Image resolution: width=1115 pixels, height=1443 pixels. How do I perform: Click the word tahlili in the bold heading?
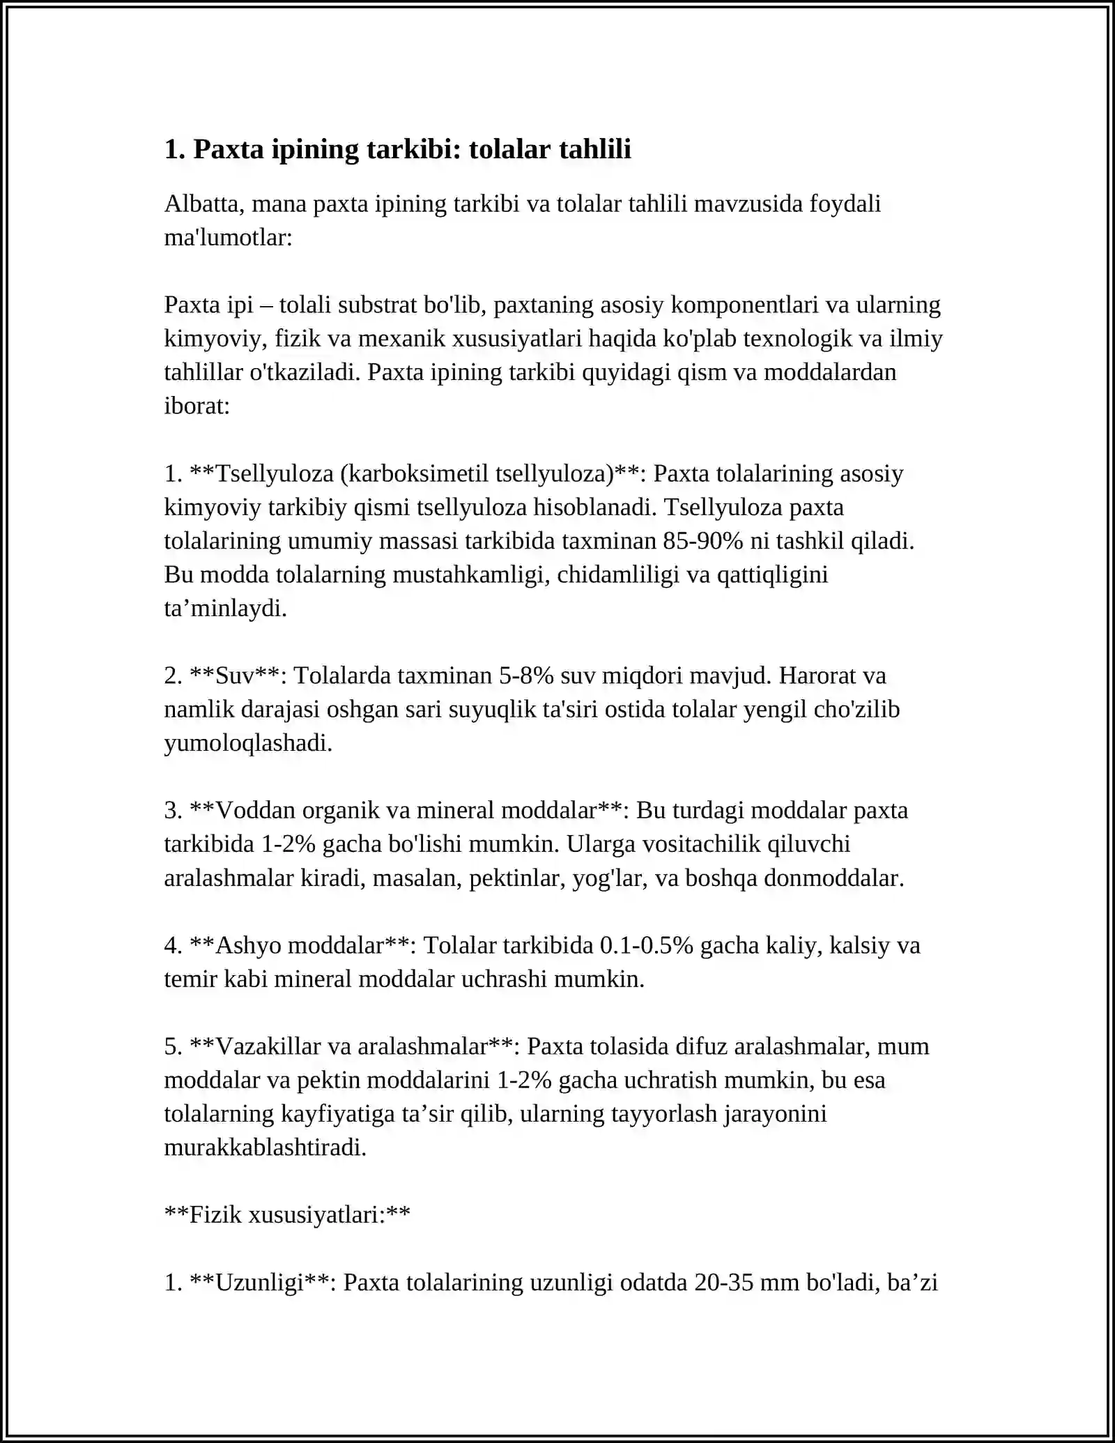[x=597, y=149]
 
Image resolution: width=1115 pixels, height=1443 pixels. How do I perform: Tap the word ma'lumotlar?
[x=228, y=238]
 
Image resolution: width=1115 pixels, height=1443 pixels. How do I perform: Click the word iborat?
[x=197, y=406]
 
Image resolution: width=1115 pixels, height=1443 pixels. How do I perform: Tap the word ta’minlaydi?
[x=225, y=609]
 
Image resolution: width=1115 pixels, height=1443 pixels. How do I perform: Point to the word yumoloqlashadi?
[x=248, y=743]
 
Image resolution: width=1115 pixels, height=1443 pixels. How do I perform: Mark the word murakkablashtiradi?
[x=265, y=1147]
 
